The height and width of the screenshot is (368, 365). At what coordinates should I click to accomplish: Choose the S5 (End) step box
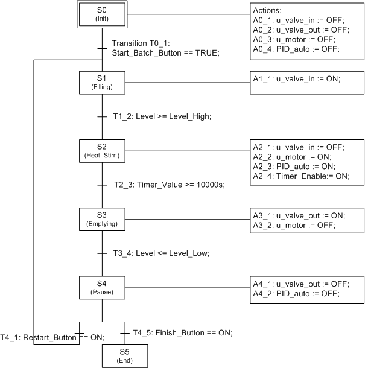pyautogui.click(x=124, y=356)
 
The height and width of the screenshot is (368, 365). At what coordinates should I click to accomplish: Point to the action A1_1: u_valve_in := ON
pyautogui.click(x=297, y=78)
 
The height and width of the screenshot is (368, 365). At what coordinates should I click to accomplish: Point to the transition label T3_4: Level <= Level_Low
pyautogui.click(x=162, y=253)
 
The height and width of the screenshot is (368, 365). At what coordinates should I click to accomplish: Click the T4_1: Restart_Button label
pyautogui.click(x=52, y=337)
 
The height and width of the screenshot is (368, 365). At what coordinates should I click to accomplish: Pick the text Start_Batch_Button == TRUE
pyautogui.click(x=166, y=52)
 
